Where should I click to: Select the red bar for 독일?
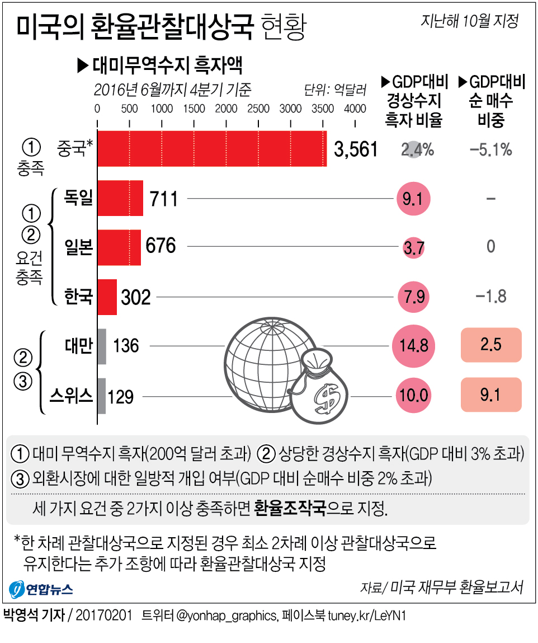pos(120,198)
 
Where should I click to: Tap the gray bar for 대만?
pos(102,346)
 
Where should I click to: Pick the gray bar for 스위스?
pos(102,396)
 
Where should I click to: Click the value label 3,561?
pos(356,149)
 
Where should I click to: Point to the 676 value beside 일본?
pos(161,246)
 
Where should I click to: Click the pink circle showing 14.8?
pos(414,346)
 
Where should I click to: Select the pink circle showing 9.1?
pos(414,199)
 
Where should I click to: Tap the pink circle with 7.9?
pos(414,296)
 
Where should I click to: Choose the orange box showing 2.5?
pos(490,345)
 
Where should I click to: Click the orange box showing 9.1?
pos(490,395)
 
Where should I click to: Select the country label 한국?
pos(78,295)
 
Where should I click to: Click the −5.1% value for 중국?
pos(490,149)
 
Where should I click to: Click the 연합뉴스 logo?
pos(41,589)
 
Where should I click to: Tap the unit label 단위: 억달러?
pos(335,89)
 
